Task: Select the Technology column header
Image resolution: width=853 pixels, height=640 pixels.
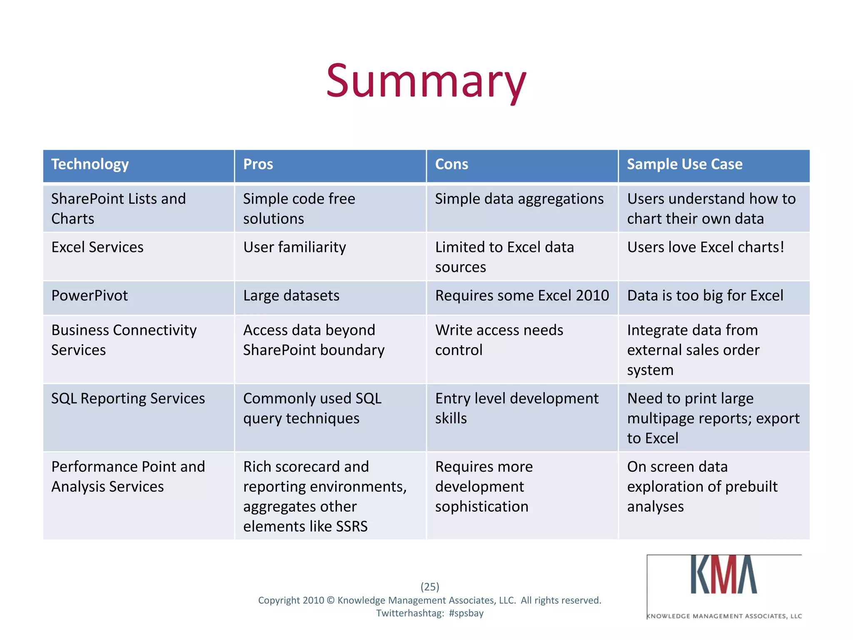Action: pyautogui.click(x=90, y=164)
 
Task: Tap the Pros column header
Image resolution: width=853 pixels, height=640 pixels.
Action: pyautogui.click(x=258, y=164)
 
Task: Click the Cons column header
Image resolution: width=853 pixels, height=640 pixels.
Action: pyautogui.click(x=451, y=164)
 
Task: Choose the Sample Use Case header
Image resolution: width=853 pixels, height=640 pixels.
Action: pyautogui.click(x=684, y=164)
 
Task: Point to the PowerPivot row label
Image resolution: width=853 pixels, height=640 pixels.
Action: pyautogui.click(x=90, y=296)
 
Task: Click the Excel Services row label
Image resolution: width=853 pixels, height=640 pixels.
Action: pyautogui.click(x=97, y=247)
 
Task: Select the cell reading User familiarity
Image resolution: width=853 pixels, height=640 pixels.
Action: pyautogui.click(x=294, y=247)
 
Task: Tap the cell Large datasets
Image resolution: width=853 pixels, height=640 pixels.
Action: pyautogui.click(x=291, y=296)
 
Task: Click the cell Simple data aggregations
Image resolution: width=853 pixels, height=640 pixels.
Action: pyautogui.click(x=519, y=199)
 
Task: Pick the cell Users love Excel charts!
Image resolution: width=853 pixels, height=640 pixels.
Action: pyautogui.click(x=706, y=247)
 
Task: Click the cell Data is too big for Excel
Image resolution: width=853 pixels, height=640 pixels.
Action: pyautogui.click(x=705, y=296)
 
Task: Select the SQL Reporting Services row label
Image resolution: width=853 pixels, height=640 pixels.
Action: pyautogui.click(x=128, y=399)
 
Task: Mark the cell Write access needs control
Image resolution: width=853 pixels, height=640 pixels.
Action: pyautogui.click(x=499, y=340)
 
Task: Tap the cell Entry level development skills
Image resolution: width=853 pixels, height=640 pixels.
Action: pyautogui.click(x=516, y=408)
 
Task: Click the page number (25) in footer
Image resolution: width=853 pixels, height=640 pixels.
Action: pyautogui.click(x=430, y=587)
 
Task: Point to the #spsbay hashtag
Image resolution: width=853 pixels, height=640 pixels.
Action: pyautogui.click(x=466, y=613)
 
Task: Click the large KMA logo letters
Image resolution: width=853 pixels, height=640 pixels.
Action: pyautogui.click(x=723, y=575)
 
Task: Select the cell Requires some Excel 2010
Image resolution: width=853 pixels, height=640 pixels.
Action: pyautogui.click(x=522, y=296)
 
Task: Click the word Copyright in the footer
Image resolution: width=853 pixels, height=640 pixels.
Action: pyautogui.click(x=279, y=600)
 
